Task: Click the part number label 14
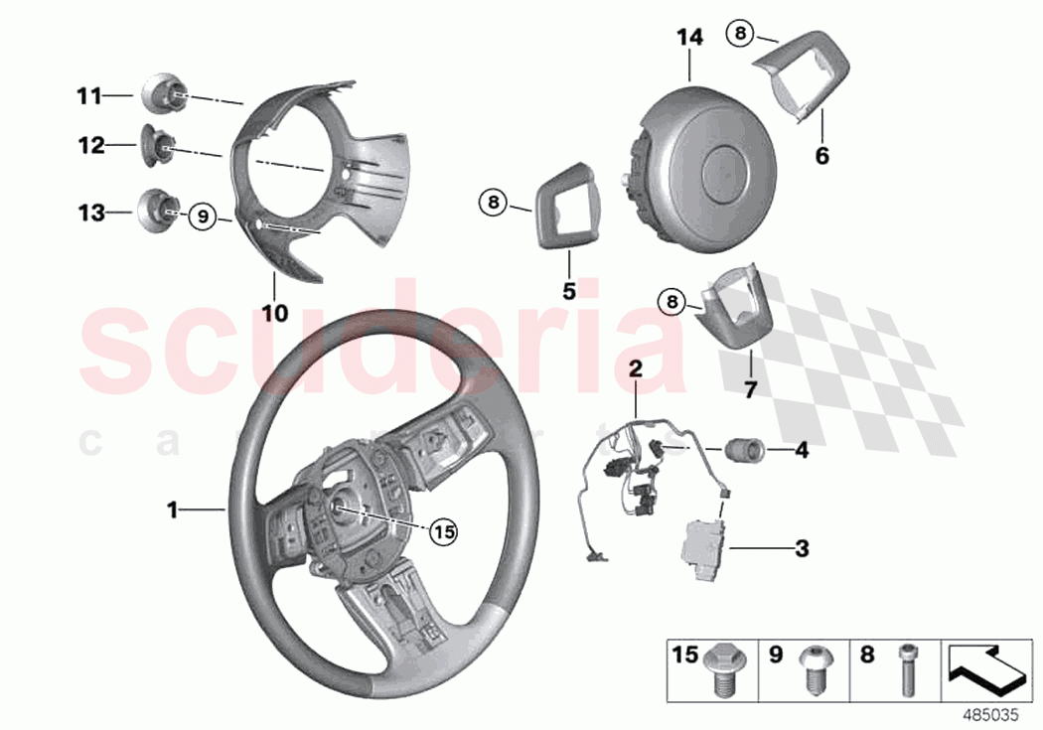689,38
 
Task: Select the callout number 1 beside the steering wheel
173,510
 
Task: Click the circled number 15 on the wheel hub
443,532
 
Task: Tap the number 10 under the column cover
274,313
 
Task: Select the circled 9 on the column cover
202,215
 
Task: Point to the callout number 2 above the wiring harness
636,368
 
